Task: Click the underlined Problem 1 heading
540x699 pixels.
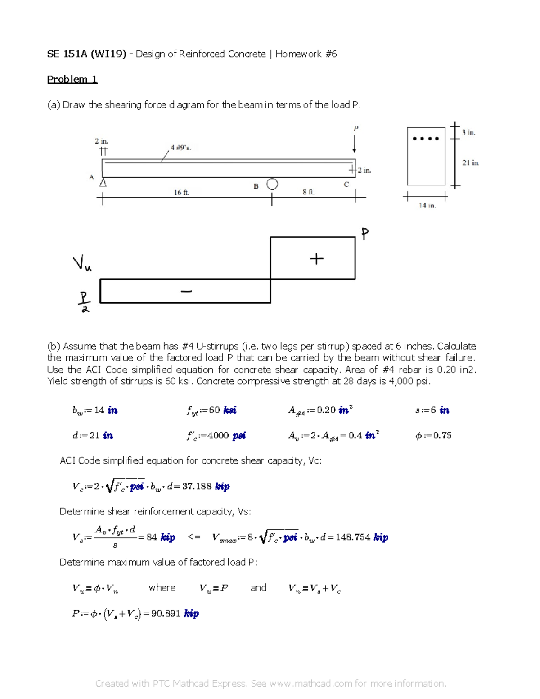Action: coord(72,79)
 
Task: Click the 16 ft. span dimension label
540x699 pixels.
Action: coord(182,192)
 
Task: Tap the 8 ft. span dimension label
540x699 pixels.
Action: coord(308,192)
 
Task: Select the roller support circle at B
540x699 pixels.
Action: coord(272,184)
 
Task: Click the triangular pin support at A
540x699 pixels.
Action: coord(103,182)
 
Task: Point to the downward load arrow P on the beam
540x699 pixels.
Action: coord(355,143)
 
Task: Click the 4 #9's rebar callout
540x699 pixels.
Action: coord(180,148)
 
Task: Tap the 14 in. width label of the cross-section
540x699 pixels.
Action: coord(427,205)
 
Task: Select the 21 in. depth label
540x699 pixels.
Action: coord(470,163)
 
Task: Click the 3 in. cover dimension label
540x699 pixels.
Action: coord(468,132)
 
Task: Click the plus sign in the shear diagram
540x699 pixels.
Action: coord(316,259)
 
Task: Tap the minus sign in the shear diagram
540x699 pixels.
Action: coord(186,291)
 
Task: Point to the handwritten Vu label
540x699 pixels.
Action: coord(82,263)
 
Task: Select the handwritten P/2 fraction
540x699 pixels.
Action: coord(84,302)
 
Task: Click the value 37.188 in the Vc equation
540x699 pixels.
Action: coord(197,487)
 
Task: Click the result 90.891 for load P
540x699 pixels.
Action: coord(166,613)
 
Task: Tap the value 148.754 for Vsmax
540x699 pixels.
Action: coord(353,537)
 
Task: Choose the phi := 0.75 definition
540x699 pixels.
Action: coord(433,436)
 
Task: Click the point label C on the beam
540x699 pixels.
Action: coord(346,184)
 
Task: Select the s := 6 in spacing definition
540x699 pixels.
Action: coord(432,410)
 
